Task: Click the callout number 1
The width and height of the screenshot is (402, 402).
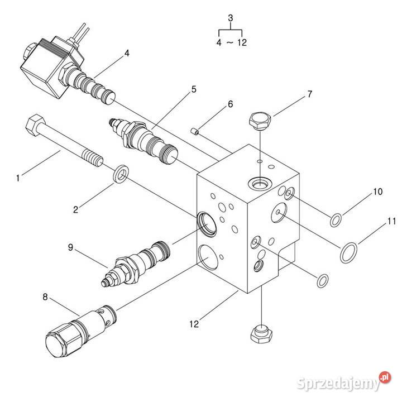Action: coord(18,178)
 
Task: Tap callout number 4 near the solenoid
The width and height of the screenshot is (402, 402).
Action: coord(127,54)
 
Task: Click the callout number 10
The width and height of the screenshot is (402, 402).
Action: coord(378,192)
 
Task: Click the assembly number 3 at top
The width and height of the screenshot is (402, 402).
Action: coord(231,18)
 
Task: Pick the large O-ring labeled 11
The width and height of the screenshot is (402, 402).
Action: coord(348,252)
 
